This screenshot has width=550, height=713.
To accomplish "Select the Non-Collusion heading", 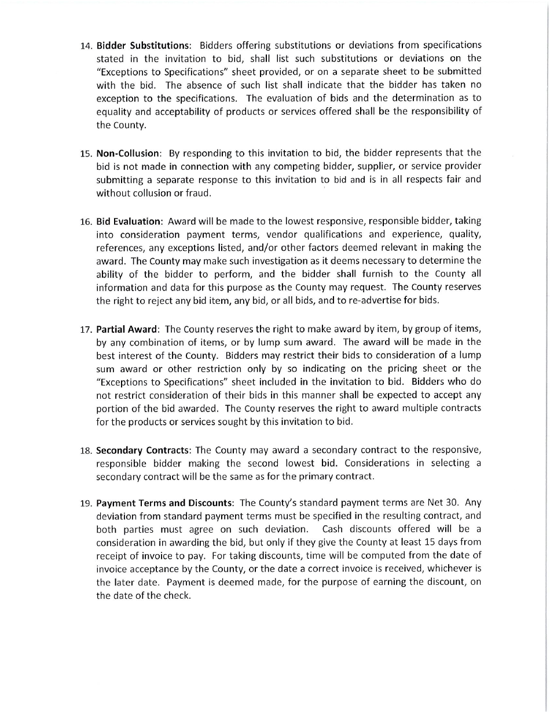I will pyautogui.click(x=128, y=154).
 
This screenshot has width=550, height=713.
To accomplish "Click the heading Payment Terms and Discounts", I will pyautogui.click(x=164, y=502).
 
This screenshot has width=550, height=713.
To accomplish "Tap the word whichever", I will pyautogui.click(x=447, y=569).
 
